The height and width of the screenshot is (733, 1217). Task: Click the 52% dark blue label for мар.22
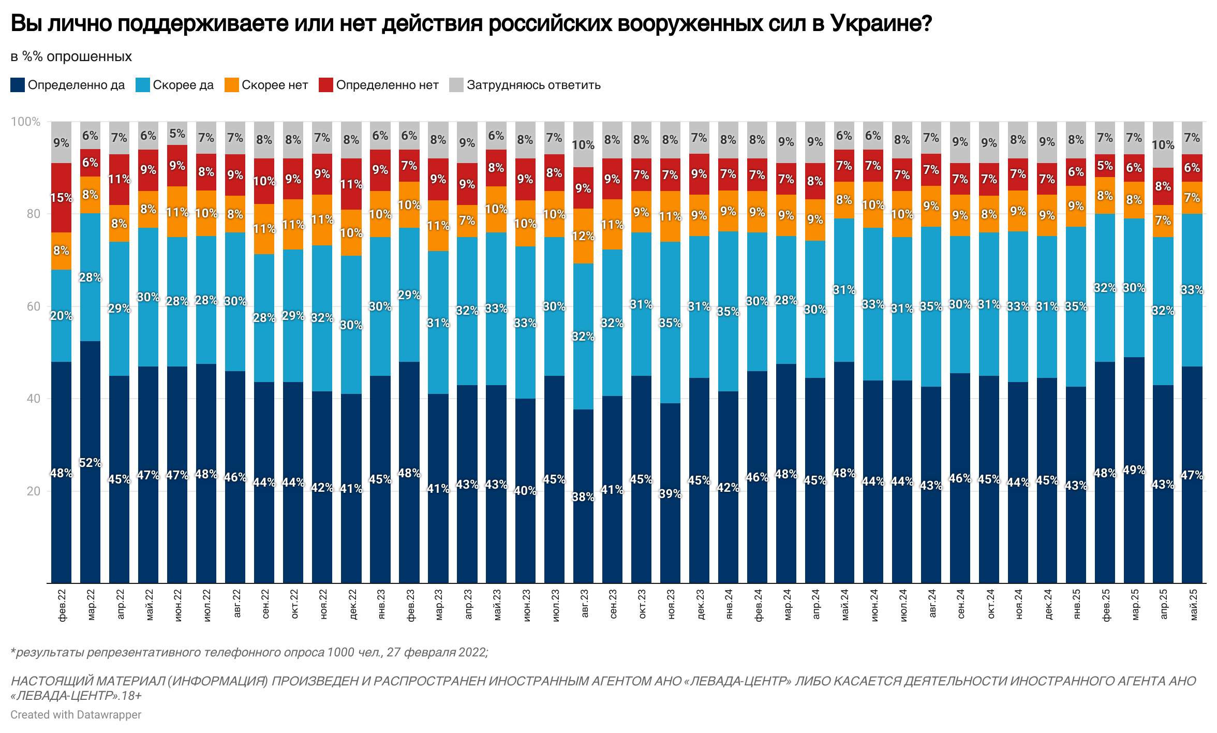point(90,463)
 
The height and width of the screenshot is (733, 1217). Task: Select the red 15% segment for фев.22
point(61,198)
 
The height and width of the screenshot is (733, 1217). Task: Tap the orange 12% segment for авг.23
point(583,236)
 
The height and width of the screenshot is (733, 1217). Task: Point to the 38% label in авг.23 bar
point(583,497)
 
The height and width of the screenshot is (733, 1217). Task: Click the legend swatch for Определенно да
point(18,85)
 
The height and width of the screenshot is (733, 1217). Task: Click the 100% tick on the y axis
point(25,122)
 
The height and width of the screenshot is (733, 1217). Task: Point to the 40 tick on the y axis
point(33,399)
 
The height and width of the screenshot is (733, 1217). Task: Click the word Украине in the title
point(881,23)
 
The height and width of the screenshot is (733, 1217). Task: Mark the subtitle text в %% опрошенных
point(71,56)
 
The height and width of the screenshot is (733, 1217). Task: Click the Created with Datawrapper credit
point(76,714)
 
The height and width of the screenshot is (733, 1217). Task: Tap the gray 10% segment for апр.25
point(1163,145)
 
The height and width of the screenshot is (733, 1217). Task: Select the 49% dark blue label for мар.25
point(1134,470)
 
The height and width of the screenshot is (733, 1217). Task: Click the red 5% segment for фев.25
point(1105,166)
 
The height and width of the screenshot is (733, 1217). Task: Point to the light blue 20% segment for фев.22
point(61,316)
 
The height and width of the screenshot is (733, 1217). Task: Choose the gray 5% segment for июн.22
point(177,134)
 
